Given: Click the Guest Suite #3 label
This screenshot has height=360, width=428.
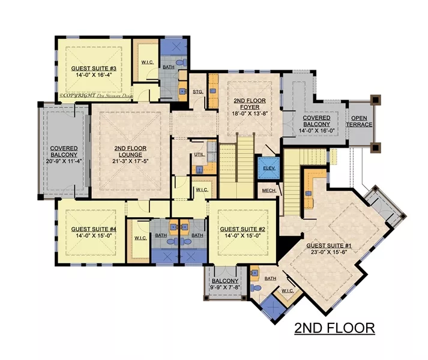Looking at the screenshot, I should [93, 68].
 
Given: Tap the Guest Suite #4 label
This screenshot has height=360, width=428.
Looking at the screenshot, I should [93, 229].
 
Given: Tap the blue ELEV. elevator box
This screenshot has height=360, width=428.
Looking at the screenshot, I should [270, 168].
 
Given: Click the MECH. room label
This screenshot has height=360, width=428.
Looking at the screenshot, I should [269, 191].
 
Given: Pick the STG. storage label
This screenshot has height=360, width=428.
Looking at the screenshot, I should [198, 91].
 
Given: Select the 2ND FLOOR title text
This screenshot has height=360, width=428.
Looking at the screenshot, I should [334, 328].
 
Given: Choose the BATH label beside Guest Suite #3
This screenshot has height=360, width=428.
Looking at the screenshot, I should [170, 67].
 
